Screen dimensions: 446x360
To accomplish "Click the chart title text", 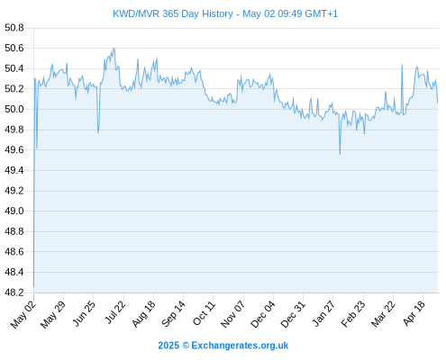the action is (225, 13).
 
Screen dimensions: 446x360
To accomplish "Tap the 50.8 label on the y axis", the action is (14, 28).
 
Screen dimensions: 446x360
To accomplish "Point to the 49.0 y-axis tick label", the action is (14, 211).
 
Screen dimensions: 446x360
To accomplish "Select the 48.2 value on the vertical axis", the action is (14, 292).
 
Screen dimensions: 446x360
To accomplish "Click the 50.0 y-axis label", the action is (14, 109).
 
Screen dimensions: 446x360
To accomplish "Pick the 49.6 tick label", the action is (14, 149).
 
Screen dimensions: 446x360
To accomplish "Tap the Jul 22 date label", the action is (114, 312).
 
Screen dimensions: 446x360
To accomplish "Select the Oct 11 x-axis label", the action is (205, 313).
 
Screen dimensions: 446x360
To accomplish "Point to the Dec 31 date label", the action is (293, 314).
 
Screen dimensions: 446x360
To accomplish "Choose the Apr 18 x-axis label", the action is (414, 313).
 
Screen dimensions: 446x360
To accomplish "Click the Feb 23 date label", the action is (353, 314).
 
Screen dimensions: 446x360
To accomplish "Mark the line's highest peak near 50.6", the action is (114, 48).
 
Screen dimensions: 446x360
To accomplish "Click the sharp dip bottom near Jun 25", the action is (98, 132).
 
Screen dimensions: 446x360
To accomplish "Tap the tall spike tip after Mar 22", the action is (402, 65).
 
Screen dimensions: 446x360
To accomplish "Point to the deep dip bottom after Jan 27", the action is (340, 155).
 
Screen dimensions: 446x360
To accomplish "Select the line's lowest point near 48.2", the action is (33, 286).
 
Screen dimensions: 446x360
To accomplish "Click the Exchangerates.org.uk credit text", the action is (240, 346).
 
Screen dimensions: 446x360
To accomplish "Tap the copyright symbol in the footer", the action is (186, 346).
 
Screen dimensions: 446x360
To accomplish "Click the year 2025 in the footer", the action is (168, 346).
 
